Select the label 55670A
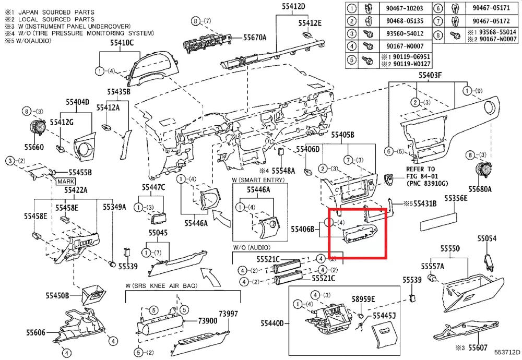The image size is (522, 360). click(255, 38)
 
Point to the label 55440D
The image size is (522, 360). click(272, 324)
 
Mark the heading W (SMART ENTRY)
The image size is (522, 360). click(259, 179)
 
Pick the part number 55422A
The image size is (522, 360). click(76, 190)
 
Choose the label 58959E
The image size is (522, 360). click(363, 299)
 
